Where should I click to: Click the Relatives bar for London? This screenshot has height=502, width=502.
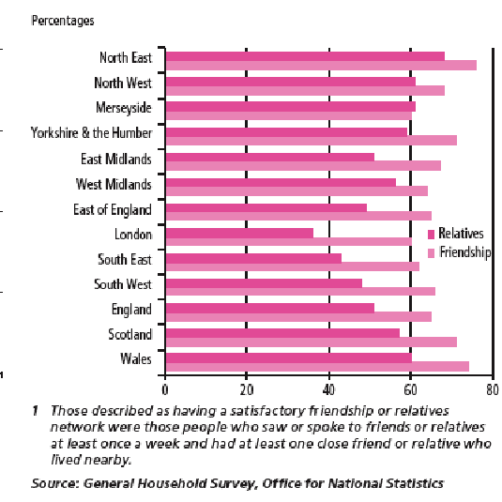coord(239,233)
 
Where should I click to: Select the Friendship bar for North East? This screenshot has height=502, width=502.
coord(321,66)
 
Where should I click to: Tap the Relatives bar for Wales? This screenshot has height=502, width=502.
coord(289,357)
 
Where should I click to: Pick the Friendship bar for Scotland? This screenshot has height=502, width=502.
coord(312,342)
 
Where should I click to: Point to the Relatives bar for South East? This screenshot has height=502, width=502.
coord(253,258)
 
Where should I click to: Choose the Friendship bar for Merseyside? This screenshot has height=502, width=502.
coord(289,116)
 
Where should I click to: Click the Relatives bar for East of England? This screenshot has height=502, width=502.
coord(266,207)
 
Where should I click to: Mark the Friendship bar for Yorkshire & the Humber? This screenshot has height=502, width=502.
coord(312,141)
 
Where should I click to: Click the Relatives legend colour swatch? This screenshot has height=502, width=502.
coord(432,234)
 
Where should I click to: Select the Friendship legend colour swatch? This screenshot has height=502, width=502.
coord(432,253)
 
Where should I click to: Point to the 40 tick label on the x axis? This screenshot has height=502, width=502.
coord(328,390)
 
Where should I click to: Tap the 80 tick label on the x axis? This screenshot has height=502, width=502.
coord(493,390)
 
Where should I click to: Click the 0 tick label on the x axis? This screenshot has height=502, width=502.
coord(165,390)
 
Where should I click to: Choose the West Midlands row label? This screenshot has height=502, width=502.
coord(114,185)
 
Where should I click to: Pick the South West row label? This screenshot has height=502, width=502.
coord(123,284)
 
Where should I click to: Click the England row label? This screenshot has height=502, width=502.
coord(131,310)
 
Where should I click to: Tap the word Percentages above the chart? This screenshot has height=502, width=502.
coord(63,21)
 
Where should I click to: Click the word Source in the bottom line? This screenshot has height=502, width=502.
coord(55,483)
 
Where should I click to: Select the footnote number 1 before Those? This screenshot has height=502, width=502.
coord(36,410)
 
